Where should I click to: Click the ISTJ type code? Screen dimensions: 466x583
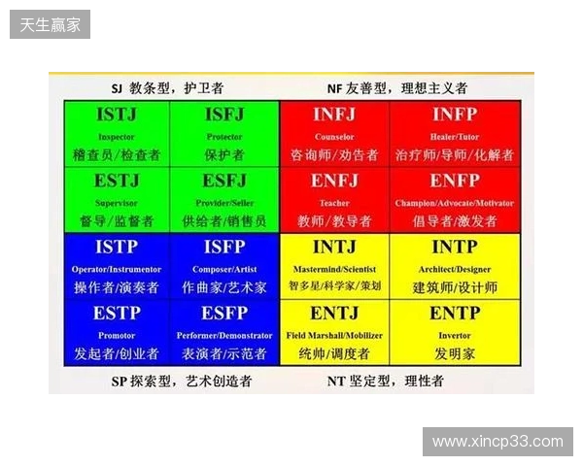117,116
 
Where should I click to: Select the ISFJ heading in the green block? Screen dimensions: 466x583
224,116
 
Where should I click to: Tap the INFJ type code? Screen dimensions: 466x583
334,116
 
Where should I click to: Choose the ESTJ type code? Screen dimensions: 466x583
117,181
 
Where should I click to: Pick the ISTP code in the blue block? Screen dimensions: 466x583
117,248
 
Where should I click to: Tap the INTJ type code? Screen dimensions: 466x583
334,248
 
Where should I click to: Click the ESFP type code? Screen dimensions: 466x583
224,314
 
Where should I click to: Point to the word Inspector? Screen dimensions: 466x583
117,137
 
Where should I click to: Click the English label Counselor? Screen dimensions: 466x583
334,137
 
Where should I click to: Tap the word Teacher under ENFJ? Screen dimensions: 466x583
334,203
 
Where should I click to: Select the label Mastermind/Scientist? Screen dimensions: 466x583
334,269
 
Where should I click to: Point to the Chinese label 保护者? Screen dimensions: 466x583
224,154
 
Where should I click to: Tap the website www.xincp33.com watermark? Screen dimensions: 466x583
497,442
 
